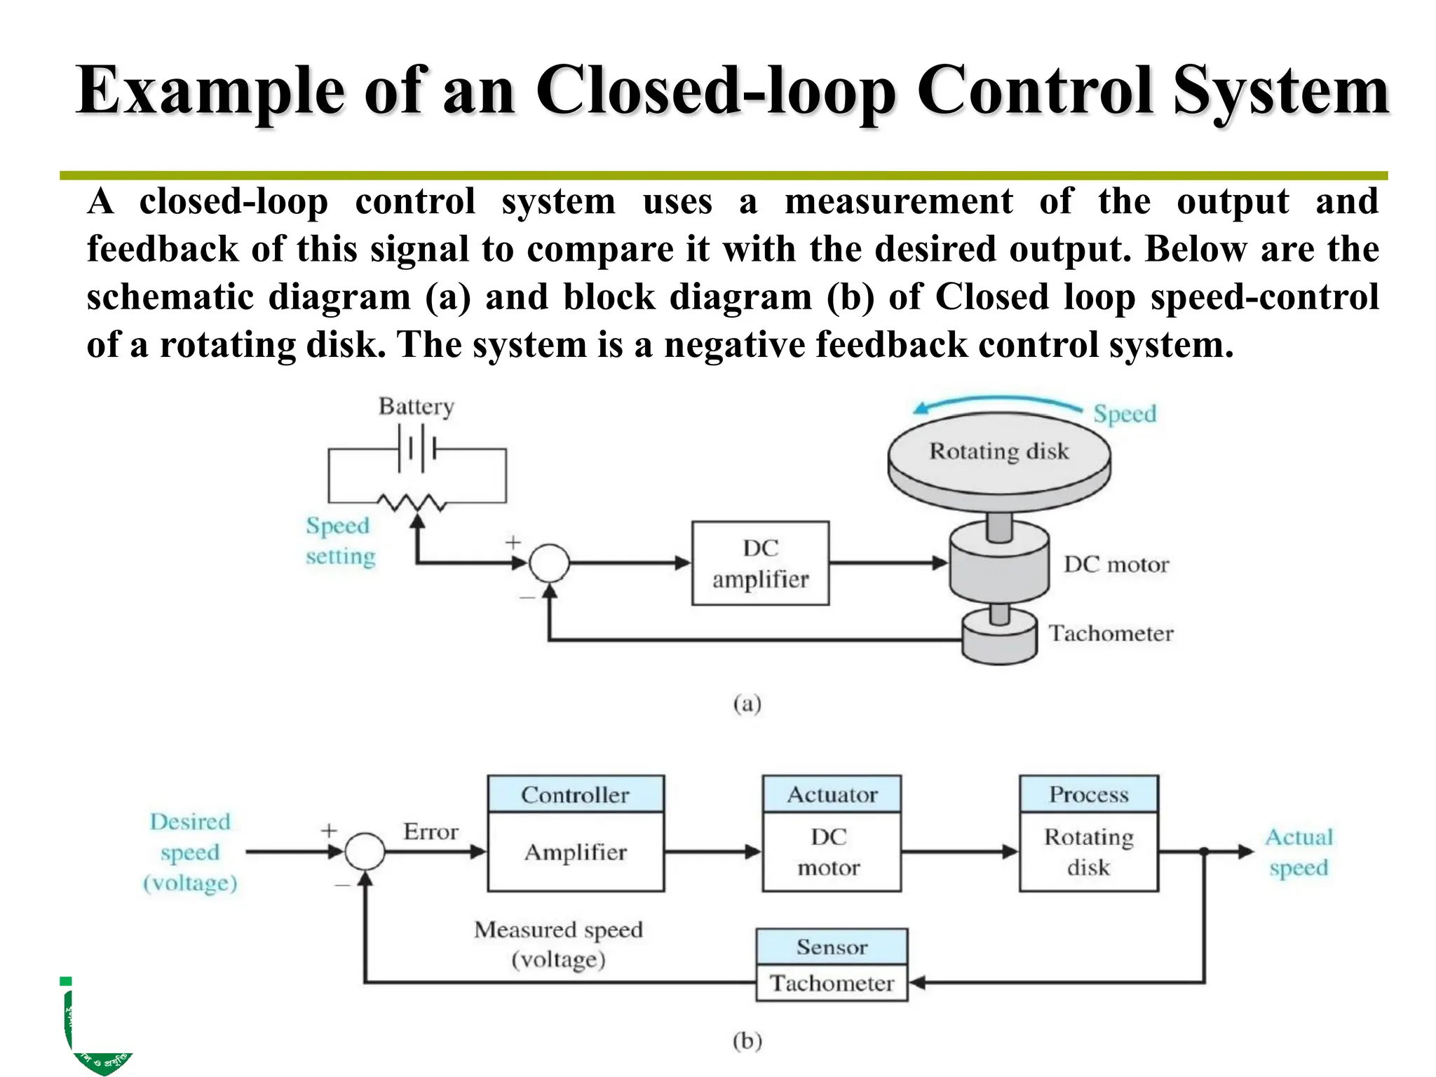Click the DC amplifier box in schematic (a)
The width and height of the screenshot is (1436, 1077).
760,563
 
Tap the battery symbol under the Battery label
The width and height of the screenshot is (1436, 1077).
416,449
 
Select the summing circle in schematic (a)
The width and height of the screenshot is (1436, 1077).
549,563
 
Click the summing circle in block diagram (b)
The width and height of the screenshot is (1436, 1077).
365,852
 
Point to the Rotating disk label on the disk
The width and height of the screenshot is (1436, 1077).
998,451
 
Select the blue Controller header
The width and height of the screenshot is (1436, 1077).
575,794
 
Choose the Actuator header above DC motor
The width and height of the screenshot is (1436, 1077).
832,794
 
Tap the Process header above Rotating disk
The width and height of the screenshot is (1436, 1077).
1088,794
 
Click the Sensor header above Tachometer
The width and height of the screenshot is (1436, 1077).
832,947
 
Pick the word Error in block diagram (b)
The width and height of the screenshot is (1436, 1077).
431,832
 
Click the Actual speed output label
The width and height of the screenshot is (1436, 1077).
1299,852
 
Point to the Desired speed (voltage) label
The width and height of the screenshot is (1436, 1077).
190,852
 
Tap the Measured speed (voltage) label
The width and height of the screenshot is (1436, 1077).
558,944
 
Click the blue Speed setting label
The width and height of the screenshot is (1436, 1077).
340,541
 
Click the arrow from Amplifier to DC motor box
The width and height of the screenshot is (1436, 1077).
712,852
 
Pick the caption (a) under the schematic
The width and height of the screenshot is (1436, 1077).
747,703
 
